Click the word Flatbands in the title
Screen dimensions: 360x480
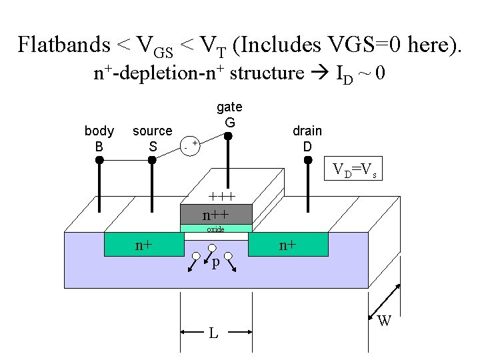63,45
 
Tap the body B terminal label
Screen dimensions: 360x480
99,138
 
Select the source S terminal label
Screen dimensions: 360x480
152,138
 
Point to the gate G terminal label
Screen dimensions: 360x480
229,115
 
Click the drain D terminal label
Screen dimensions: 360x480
307,138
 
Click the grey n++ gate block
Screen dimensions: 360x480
216,214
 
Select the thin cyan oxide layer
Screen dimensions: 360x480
216,229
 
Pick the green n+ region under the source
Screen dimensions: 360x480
143,245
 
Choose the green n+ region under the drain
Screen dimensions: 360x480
288,245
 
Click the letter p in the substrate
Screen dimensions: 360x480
214,263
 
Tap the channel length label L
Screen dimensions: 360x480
213,332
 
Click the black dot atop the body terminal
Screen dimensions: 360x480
99,161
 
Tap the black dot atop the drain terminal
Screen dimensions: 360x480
307,160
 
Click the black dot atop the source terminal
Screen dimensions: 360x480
152,161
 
